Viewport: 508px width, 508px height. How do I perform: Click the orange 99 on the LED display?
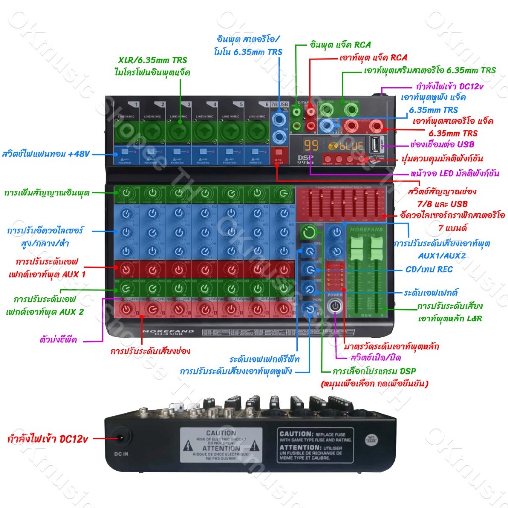pyautogui.click(x=311, y=146)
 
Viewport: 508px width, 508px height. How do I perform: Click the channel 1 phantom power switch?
pyautogui.click(x=126, y=152)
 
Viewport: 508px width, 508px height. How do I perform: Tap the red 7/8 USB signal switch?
pyautogui.click(x=279, y=152)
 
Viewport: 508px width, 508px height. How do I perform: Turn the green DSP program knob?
pyautogui.click(x=309, y=232)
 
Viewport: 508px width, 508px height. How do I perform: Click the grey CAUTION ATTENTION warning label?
pyautogui.click(x=221, y=444)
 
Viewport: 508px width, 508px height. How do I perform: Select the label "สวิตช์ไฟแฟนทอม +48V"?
pyautogui.click(x=46, y=153)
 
